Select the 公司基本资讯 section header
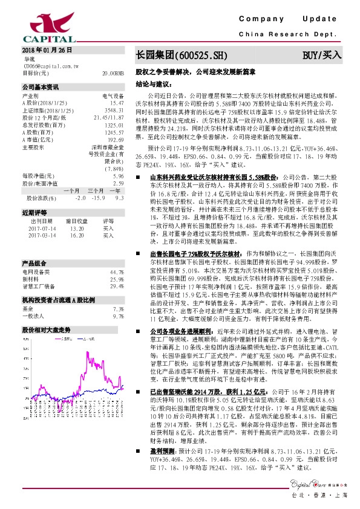[x=41, y=87]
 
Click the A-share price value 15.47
[x=117, y=103]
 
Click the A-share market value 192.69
[x=116, y=140]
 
